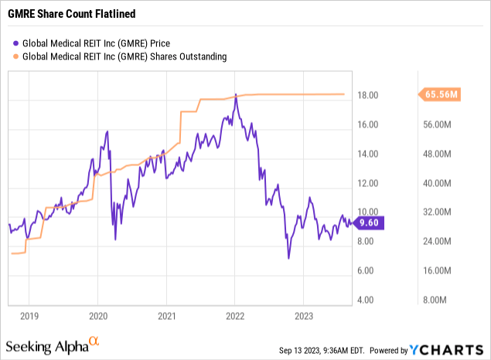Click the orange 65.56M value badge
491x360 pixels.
coord(442,94)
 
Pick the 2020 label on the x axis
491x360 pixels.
coord(97,315)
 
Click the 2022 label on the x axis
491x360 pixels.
coord(235,315)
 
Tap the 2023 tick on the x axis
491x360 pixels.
coord(303,315)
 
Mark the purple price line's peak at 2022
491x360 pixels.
coord(235,94)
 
